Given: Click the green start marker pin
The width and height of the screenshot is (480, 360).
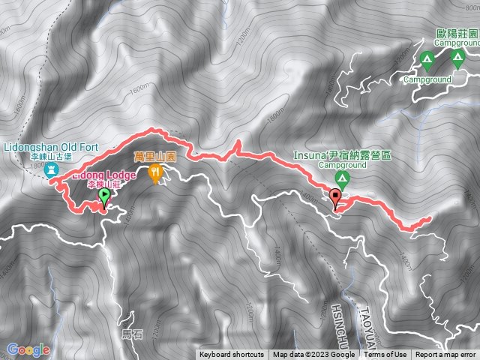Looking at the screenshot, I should pos(103,197).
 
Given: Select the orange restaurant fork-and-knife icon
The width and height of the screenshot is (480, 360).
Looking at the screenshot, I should pos(156,174).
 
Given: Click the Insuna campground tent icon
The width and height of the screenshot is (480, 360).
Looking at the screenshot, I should pos(342,178).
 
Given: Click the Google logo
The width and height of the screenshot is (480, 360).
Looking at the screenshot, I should pos(28,350).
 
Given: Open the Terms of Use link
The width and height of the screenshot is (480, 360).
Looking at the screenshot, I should pos(385,355).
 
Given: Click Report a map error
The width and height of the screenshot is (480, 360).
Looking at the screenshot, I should pos(446,355).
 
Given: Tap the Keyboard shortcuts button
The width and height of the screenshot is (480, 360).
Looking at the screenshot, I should pos(231,355).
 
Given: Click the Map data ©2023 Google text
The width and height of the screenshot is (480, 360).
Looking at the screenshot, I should pos(313,355).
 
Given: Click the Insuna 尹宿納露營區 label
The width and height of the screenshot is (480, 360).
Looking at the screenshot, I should pos(343,157).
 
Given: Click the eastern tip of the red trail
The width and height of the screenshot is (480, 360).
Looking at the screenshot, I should pos(429,219).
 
